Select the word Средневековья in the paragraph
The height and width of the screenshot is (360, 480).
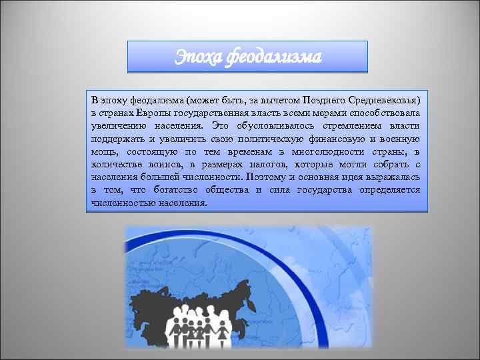tap(383, 100)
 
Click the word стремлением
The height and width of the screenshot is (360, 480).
tap(345, 125)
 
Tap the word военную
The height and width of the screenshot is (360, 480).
tap(401, 139)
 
